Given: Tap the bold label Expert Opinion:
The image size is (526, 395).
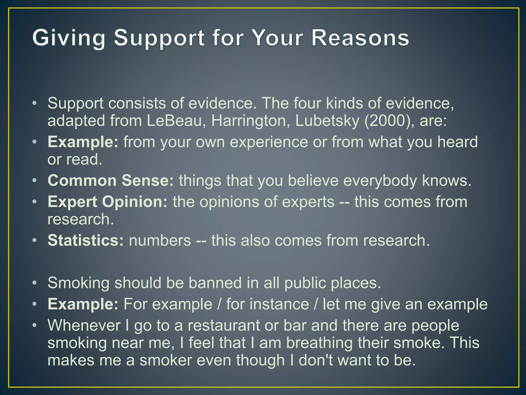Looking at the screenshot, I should coord(108,202).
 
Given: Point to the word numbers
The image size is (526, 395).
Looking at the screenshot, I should coord(160,240).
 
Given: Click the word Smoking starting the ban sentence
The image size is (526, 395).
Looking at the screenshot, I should coord(79,283).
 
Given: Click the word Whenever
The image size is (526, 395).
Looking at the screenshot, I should coord(84,325).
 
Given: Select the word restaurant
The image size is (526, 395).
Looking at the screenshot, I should coord(224,325).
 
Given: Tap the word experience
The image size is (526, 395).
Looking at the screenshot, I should coord(269,142).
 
